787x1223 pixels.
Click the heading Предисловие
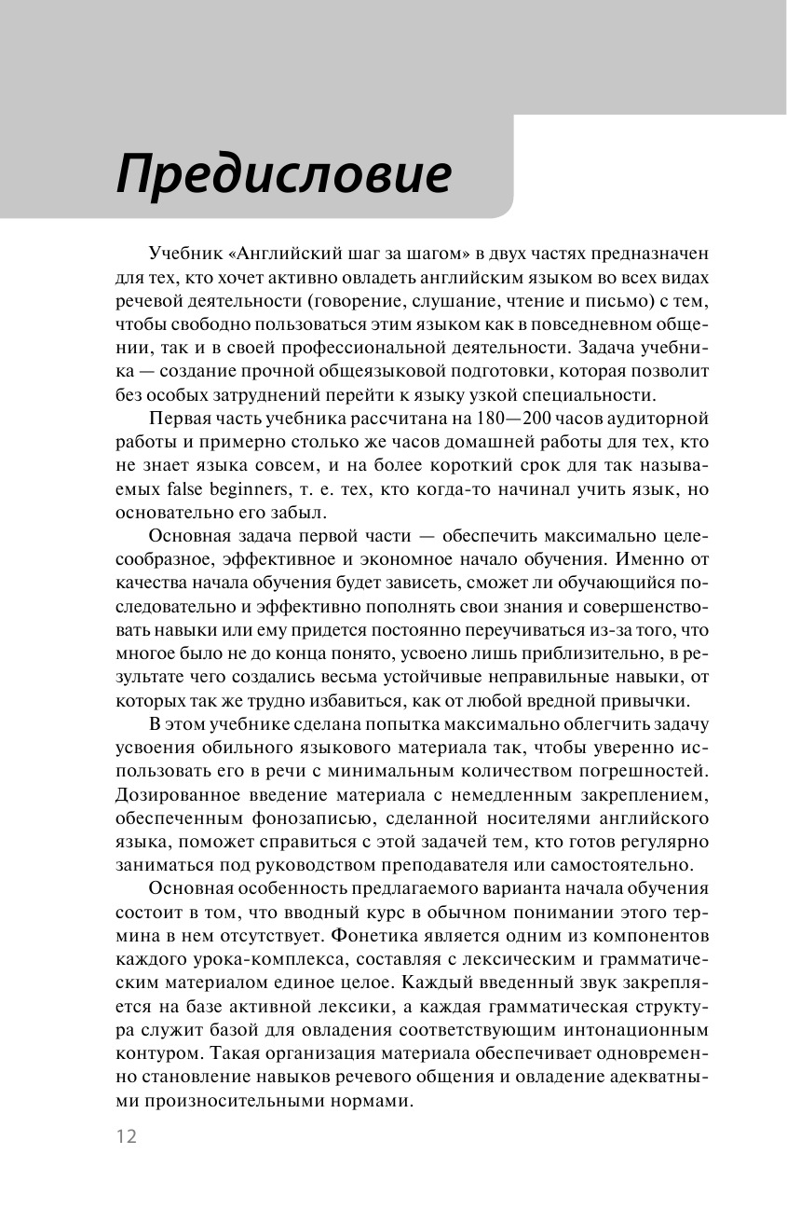click(x=283, y=174)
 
